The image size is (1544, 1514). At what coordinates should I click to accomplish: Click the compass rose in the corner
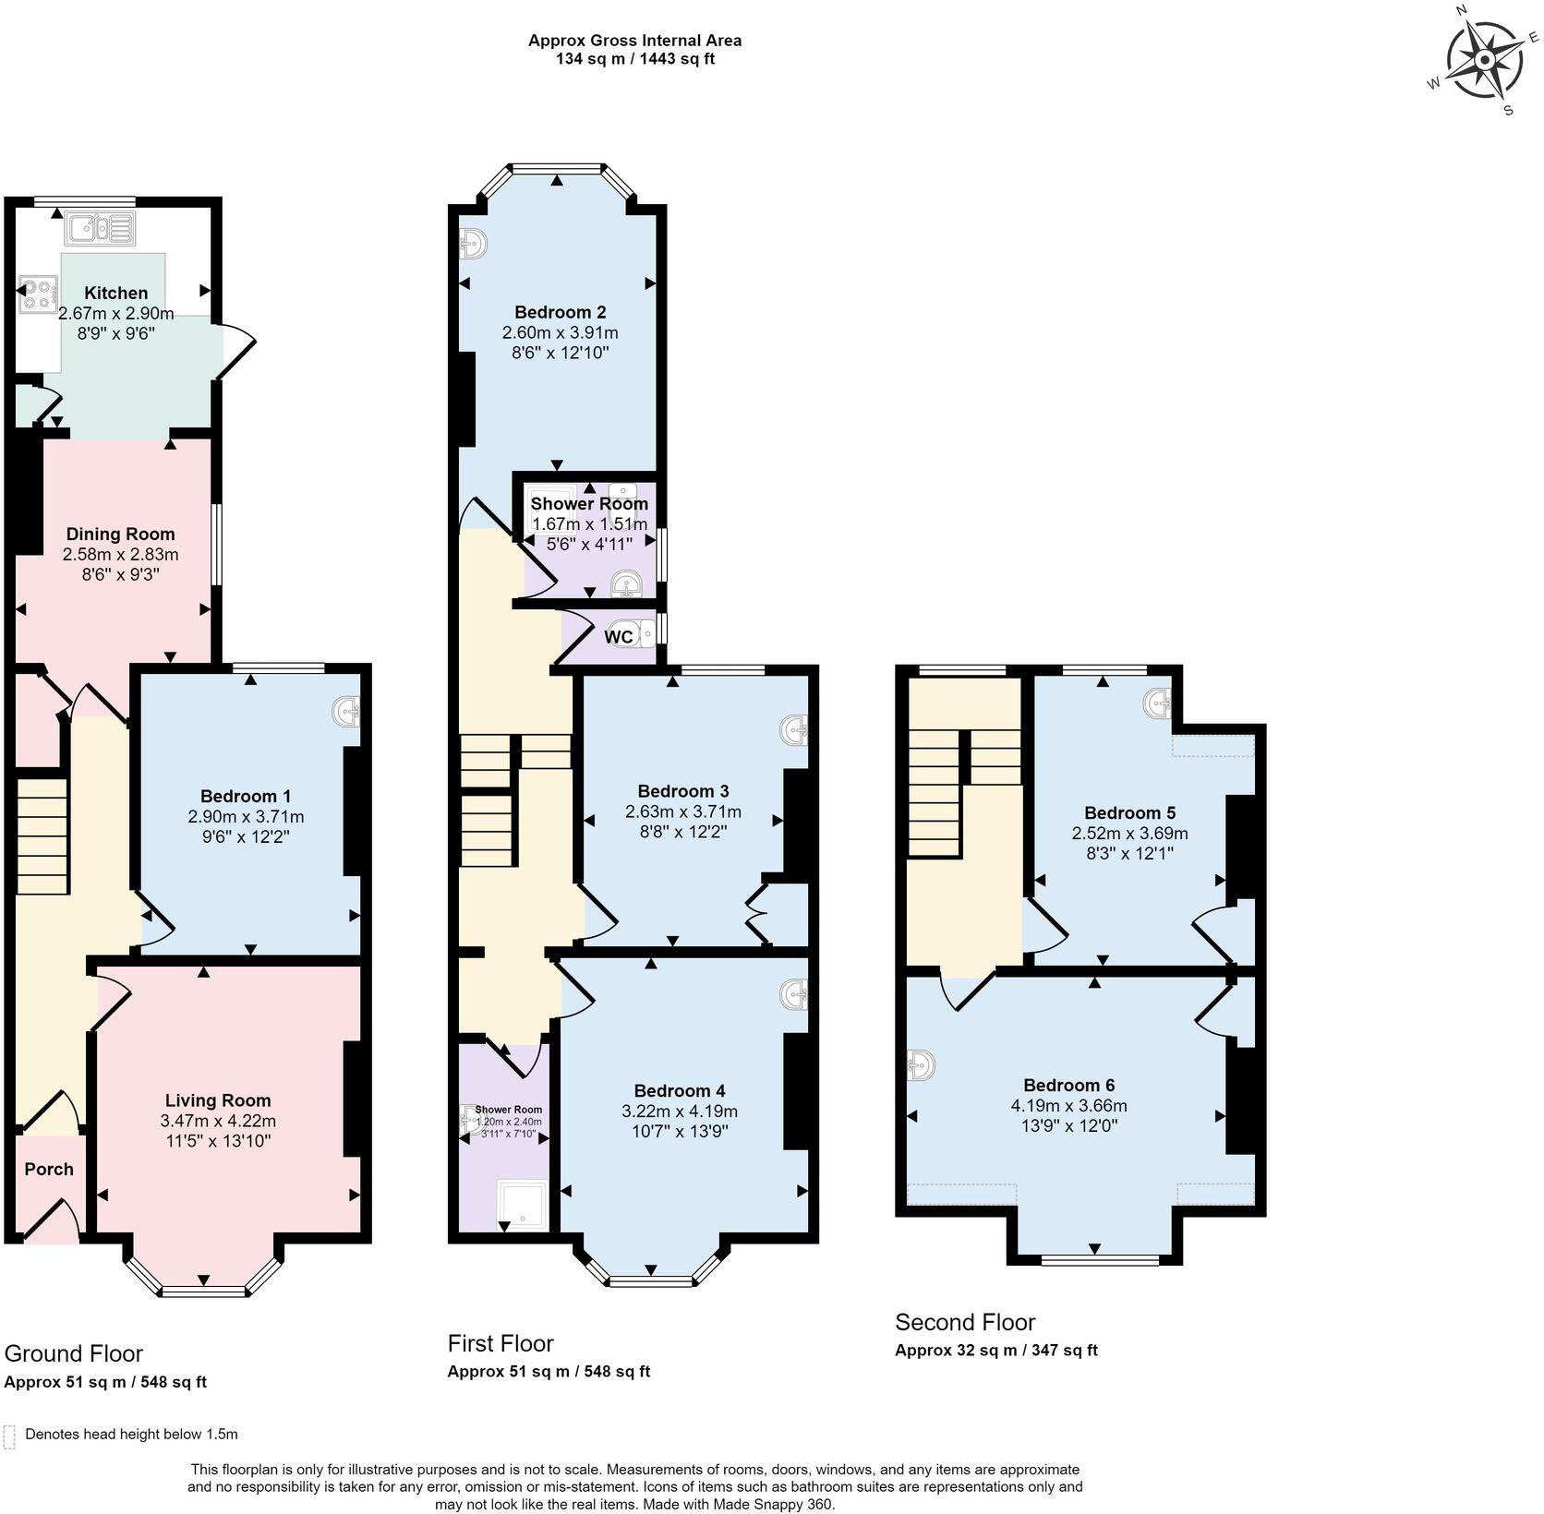point(1484,61)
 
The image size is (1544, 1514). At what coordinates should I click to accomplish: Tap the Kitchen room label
point(116,294)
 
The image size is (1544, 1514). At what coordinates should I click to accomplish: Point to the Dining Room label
point(120,534)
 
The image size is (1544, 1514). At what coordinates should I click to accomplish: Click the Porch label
point(49,1169)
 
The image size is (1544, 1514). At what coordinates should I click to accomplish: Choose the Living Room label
point(218,1099)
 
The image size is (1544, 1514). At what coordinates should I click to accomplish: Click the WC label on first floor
point(619,636)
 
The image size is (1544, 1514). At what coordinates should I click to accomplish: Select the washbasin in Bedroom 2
point(472,244)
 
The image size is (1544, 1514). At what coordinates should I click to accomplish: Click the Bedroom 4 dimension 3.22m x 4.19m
point(680,1111)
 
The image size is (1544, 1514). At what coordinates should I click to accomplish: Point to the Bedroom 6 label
point(1068,1085)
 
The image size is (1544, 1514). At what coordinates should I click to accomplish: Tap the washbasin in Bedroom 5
point(1159,704)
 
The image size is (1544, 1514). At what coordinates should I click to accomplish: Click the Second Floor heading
point(965,1322)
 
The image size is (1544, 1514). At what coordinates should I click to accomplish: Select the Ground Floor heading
point(74,1353)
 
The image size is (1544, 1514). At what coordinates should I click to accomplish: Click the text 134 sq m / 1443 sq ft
point(634,59)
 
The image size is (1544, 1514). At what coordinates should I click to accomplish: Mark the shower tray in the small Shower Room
point(522,1204)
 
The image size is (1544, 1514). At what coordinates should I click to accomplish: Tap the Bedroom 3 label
point(682,790)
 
